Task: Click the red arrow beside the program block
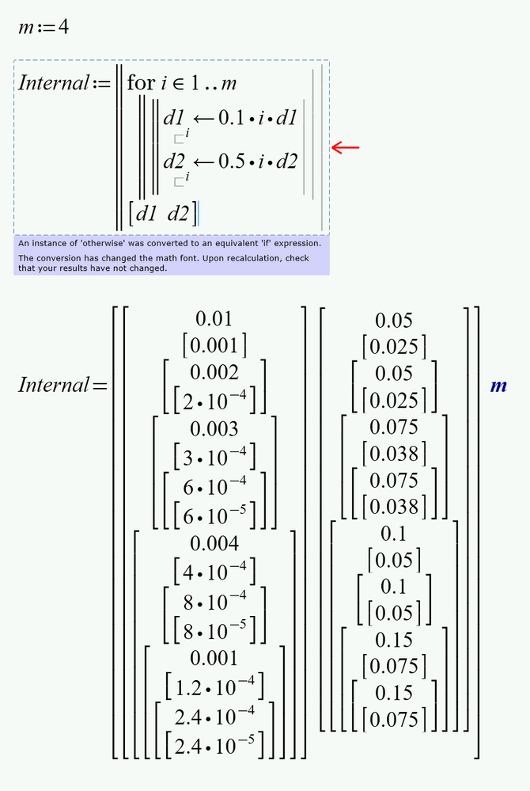coord(345,147)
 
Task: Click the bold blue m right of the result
coord(499,386)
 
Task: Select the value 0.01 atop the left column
coord(214,318)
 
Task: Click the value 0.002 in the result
coord(214,372)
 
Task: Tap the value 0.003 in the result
coord(214,428)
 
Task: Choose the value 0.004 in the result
coord(214,543)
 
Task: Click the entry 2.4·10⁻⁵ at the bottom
coord(214,742)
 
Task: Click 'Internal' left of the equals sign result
coord(53,386)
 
